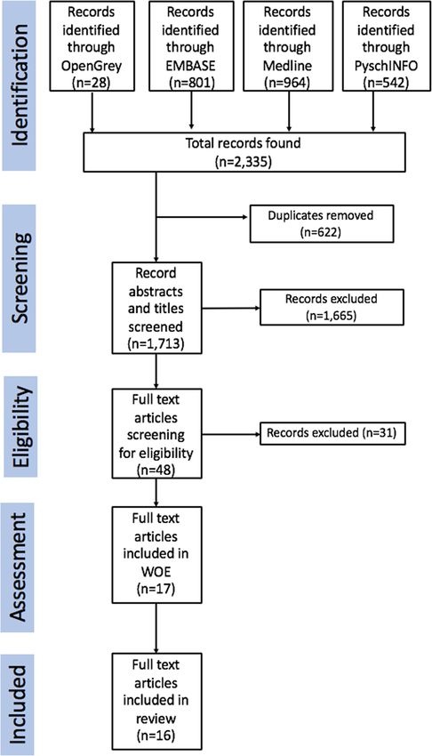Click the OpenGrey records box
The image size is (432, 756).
91,45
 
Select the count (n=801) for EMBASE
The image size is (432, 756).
191,82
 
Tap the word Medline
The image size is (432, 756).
287,65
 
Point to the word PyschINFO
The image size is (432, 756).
385,65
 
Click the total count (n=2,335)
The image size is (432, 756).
243,161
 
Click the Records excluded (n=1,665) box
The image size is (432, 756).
332,307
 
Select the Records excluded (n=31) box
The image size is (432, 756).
332,433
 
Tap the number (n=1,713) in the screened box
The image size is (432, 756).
156,344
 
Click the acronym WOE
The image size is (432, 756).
156,570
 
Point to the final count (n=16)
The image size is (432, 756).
156,736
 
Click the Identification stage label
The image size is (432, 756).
19,84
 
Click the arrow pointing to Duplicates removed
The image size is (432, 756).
203,218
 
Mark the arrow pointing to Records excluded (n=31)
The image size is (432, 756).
231,434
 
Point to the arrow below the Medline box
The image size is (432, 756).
289,111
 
